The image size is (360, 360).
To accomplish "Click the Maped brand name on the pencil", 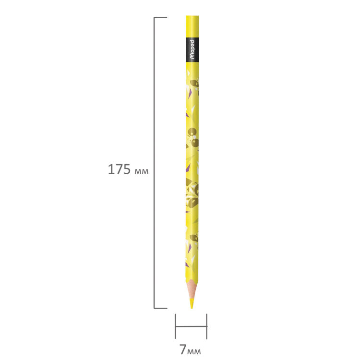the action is point(192,50).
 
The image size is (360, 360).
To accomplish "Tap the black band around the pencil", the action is point(192,49).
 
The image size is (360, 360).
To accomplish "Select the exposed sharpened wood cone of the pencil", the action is point(192,288).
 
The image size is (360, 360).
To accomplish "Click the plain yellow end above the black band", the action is point(192,26).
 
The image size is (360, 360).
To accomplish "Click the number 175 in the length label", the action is point(119,169).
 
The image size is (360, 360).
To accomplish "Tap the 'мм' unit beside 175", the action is point(142,171).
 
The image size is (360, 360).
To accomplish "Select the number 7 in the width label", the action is point(183,349).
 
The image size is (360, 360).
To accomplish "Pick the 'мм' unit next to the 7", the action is point(194,351).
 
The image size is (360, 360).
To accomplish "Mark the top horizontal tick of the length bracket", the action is point(160,17).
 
